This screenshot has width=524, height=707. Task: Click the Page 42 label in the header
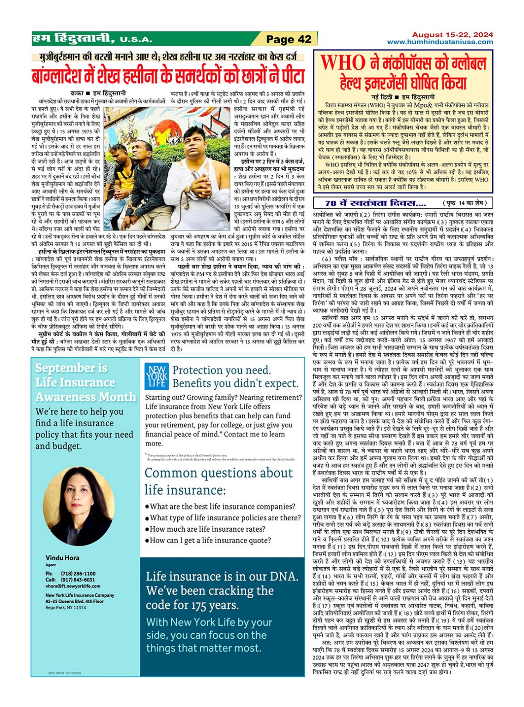pos(289,39)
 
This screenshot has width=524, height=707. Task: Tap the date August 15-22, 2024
pos(452,35)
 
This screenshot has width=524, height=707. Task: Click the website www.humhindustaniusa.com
pos(440,42)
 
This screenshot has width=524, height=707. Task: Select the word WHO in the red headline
pos(343,63)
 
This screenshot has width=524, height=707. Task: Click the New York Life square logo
pos(156,375)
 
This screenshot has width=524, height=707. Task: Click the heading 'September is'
pos(71,368)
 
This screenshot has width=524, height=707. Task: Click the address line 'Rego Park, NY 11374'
pos(66,607)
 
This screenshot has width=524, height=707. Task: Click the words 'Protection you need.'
pos(221,370)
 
